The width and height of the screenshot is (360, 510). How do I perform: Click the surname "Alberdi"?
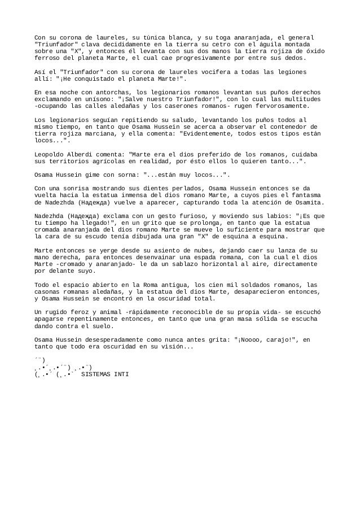(82, 154)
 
